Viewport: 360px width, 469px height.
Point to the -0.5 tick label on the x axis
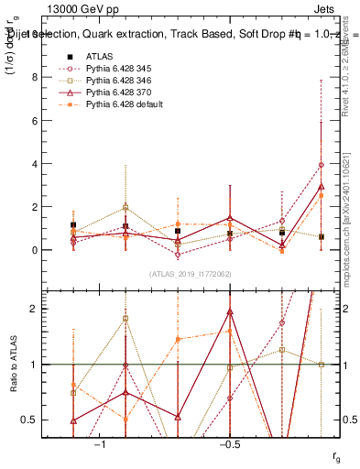[229, 443]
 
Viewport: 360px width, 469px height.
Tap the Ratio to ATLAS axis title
[16, 364]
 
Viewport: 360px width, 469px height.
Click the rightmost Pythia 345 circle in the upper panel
[321, 165]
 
